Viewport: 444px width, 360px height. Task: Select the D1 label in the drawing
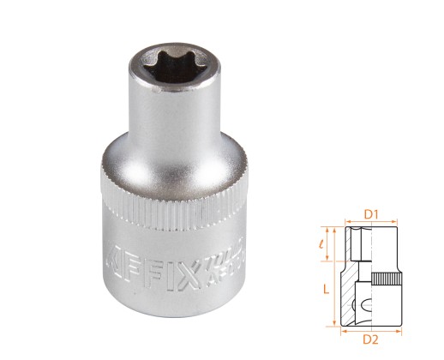point(370,210)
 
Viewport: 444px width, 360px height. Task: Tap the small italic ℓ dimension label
point(326,246)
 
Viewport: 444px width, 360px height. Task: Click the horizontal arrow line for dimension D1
point(370,221)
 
